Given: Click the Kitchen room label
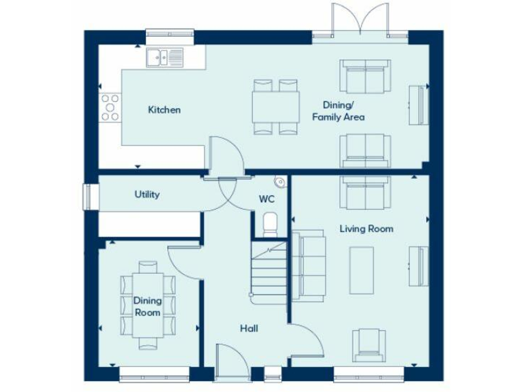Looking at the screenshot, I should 164,110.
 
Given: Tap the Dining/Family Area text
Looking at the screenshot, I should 338,111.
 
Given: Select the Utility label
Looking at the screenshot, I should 147,195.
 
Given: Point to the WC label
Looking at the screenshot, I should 266,199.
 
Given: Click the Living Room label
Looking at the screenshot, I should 366,229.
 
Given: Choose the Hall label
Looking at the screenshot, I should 249,329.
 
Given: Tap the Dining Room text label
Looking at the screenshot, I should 147,306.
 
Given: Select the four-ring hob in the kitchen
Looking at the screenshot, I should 110,108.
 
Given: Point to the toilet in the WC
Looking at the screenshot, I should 270,223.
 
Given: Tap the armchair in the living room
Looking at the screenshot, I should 368,344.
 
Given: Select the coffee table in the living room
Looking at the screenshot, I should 361,269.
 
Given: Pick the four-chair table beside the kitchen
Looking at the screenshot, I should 275,106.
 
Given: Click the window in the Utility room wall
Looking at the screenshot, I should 86,195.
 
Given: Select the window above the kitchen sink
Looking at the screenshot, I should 169,34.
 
